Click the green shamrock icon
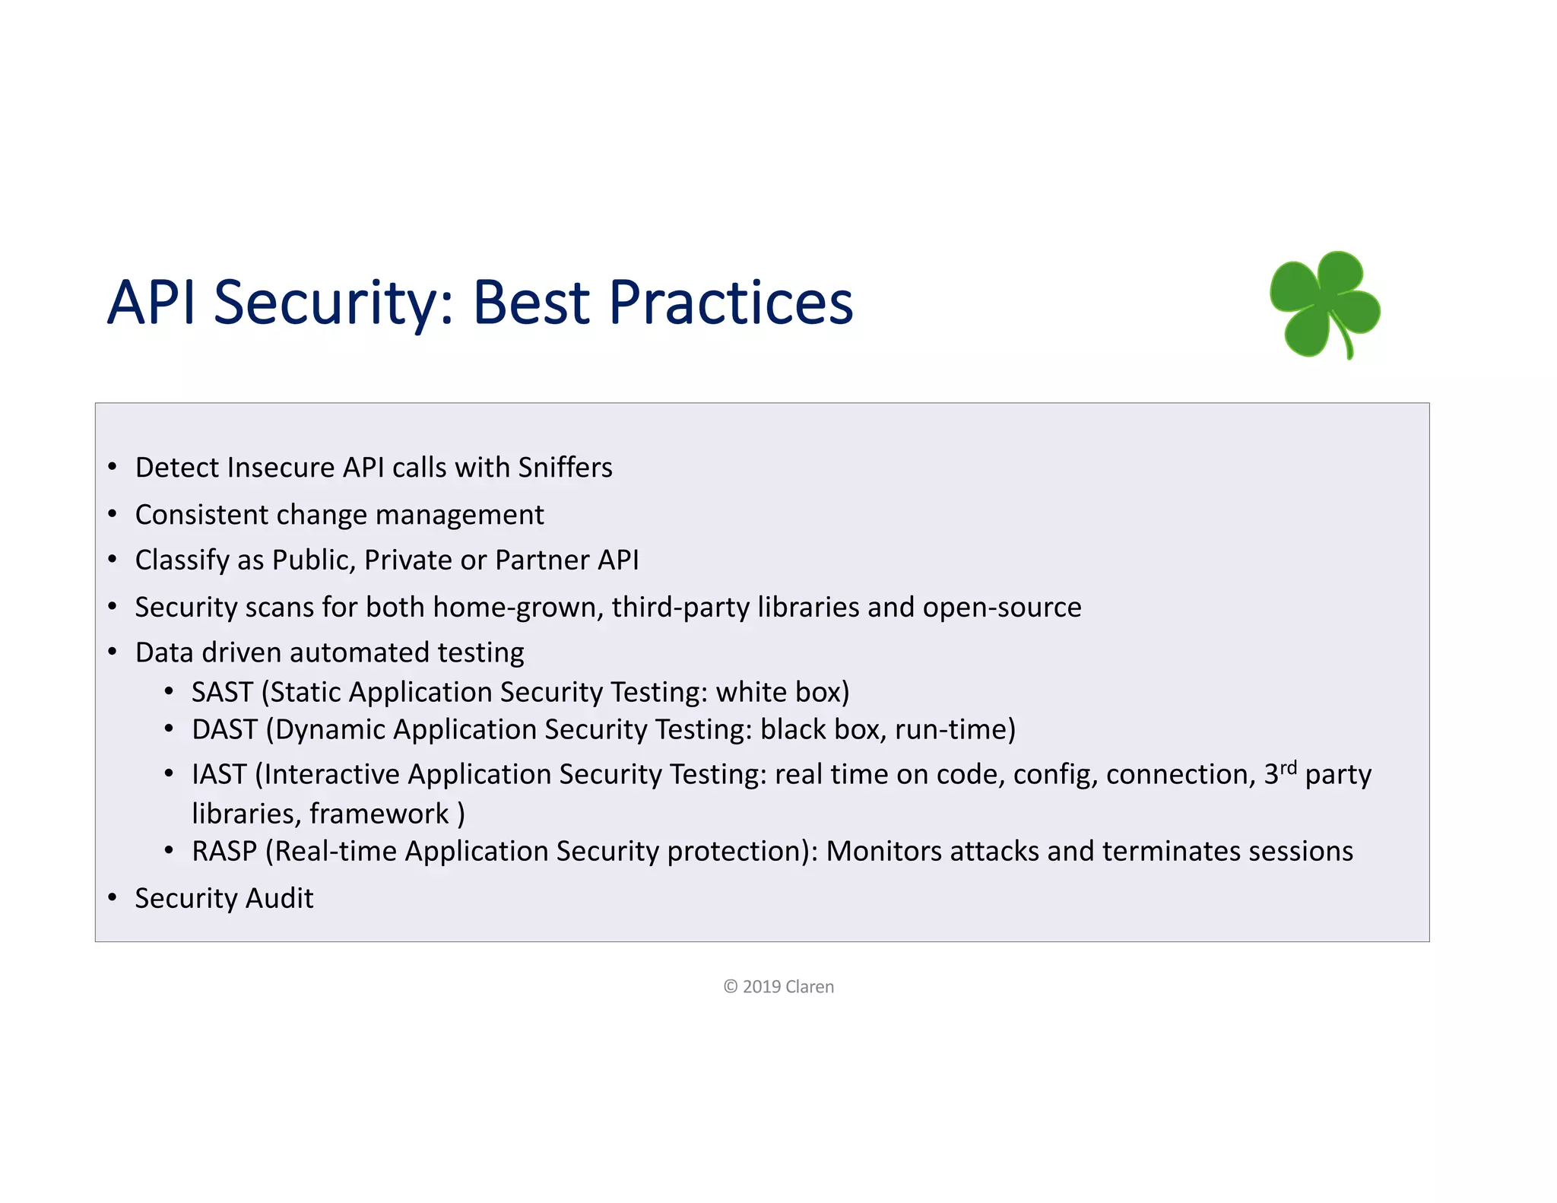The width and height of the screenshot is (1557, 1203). [1325, 304]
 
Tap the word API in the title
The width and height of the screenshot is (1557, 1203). [151, 303]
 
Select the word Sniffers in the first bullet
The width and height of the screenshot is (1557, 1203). [564, 468]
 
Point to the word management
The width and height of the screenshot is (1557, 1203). [459, 516]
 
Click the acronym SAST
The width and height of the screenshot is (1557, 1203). [222, 693]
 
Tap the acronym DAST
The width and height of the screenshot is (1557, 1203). [224, 730]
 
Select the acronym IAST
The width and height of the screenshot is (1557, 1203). [219, 775]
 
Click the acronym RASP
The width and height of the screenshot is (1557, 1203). [224, 852]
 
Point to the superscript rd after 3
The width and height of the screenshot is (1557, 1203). [1288, 767]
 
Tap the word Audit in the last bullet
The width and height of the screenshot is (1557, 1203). [279, 899]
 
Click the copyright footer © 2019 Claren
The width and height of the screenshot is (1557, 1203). [778, 987]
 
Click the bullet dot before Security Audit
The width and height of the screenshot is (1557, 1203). [113, 898]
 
